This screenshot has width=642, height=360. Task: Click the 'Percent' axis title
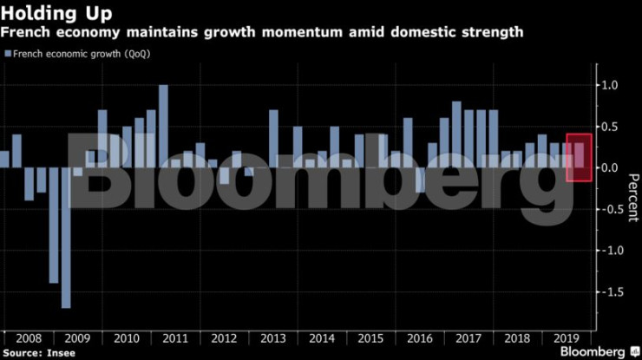pos(631,195)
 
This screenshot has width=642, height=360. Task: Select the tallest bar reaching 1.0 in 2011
pos(163,126)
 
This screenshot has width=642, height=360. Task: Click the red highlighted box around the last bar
pos(579,157)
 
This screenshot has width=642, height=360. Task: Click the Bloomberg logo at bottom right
pos(597,351)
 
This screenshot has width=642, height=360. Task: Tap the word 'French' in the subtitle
pos(26,32)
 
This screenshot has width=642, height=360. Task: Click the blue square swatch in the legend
pos(8,54)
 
